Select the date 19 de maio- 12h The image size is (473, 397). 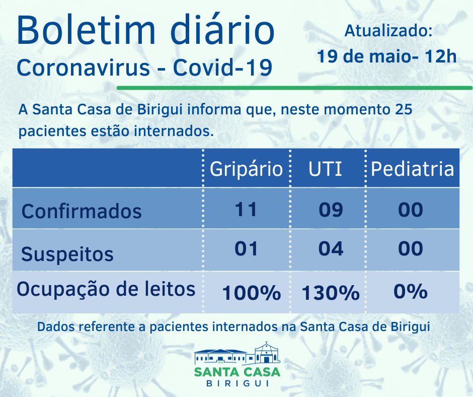(x=386, y=56)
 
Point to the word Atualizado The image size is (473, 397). (x=388, y=31)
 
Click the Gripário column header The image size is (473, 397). (x=246, y=169)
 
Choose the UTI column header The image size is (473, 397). (x=325, y=169)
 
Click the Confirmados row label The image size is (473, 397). (x=82, y=211)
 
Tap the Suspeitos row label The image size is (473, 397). (x=67, y=253)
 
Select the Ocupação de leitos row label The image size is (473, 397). (x=106, y=289)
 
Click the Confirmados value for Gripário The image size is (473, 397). (x=246, y=209)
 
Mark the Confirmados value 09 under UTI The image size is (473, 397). (x=331, y=210)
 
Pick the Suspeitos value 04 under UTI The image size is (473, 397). (x=331, y=248)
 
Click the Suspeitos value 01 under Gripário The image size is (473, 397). (x=246, y=248)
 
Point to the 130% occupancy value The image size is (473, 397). (x=331, y=292)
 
